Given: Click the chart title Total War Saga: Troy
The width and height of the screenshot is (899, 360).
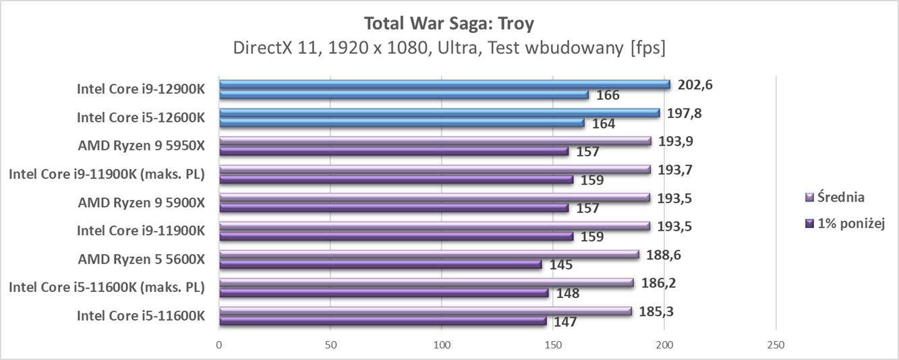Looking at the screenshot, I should tap(448, 24).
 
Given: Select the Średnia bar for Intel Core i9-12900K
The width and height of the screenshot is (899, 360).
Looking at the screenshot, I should tap(444, 84).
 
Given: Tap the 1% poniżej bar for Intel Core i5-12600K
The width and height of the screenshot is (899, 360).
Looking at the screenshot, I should tap(401, 123).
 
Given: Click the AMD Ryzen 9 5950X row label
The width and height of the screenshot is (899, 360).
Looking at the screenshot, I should tap(140, 145).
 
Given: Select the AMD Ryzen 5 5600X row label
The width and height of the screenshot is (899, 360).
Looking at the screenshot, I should tap(140, 259).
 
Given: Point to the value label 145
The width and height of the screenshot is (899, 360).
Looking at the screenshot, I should tap(560, 265).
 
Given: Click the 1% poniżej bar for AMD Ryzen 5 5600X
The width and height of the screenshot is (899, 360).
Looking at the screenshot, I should tap(380, 265).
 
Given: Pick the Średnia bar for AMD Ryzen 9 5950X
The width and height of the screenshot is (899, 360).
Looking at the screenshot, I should tap(435, 141).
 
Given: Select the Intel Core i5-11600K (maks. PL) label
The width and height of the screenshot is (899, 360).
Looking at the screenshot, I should tap(106, 287).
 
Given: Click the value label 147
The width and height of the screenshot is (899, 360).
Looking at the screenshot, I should tap(564, 322).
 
